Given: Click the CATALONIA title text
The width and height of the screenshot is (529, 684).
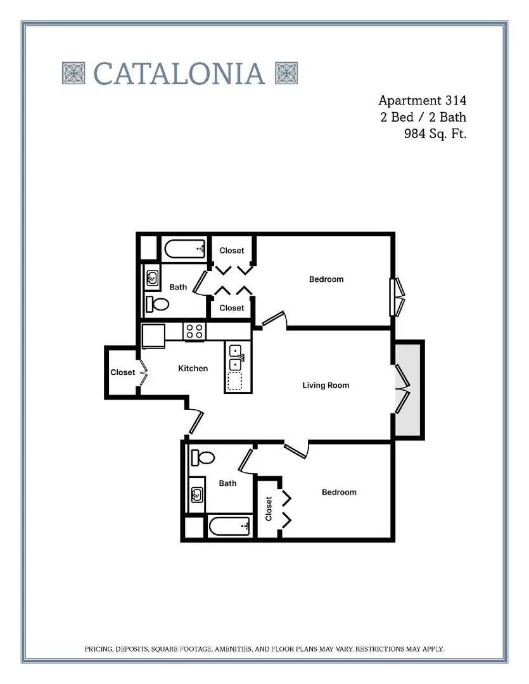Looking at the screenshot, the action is [179, 73].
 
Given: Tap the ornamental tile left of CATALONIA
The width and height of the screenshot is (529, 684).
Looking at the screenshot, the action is [73, 73].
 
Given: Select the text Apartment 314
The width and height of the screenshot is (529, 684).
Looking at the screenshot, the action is [422, 101].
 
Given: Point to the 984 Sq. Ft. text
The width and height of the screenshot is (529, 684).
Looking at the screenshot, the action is [435, 134].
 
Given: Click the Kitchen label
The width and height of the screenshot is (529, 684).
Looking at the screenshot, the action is [193, 369].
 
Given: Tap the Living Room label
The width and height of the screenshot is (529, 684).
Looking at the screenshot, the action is [326, 385].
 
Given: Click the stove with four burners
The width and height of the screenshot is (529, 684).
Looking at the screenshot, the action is [194, 331].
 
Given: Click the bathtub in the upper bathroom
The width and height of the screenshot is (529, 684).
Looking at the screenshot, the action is [185, 249].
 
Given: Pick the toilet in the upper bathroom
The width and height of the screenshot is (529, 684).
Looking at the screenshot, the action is [157, 303].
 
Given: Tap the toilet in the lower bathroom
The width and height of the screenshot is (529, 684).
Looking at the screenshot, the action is [203, 458].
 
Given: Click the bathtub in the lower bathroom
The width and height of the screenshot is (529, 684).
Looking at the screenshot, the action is [229, 526].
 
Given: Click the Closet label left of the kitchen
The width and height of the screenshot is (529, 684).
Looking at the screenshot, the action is [123, 372].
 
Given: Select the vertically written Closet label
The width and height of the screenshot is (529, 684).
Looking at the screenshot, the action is [269, 509].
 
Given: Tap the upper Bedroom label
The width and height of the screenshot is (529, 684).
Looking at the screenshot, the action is [326, 279].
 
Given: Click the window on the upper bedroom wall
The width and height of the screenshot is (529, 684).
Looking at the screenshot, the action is [397, 296].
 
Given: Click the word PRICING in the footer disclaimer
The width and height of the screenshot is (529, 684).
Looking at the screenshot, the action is [99, 649].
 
